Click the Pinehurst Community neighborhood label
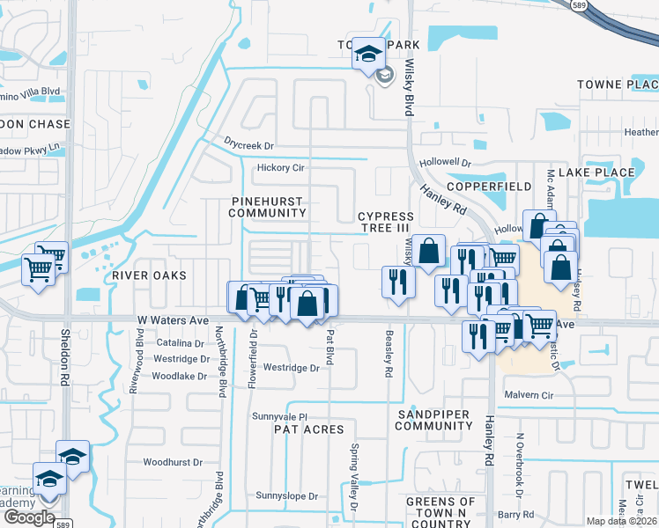268,207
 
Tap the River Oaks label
149,275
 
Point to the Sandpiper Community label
434,420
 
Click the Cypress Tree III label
386,222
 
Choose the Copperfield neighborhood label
489,187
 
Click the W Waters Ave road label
172,321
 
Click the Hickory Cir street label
280,168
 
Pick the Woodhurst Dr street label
173,462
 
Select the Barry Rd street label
516,514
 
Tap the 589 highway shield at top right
603,6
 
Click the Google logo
29,517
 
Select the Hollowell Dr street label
446,164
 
